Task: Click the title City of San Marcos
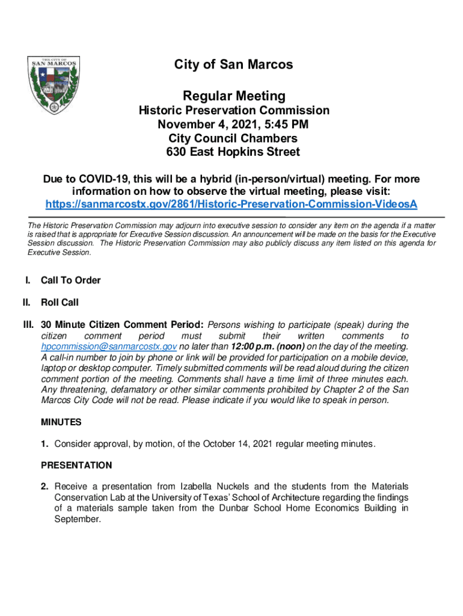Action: click(234, 64)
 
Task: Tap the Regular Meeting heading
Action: click(234, 96)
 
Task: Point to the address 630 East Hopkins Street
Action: click(234, 152)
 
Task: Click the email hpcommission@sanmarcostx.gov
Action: click(108, 346)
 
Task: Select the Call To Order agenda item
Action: click(70, 280)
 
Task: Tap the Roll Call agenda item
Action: click(60, 302)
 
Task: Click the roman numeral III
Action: click(28, 325)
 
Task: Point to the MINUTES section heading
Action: click(61, 422)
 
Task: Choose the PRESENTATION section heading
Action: click(76, 465)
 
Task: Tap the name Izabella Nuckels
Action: click(215, 486)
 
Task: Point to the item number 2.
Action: click(44, 486)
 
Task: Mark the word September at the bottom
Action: click(77, 519)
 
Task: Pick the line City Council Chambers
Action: click(234, 138)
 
